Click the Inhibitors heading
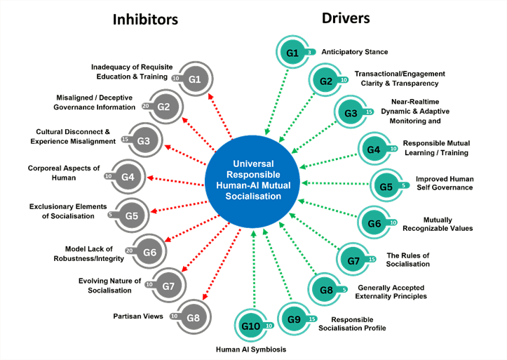pos(146,19)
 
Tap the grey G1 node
pos(194,79)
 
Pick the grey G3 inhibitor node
pos(144,140)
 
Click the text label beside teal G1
pos(344,52)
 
